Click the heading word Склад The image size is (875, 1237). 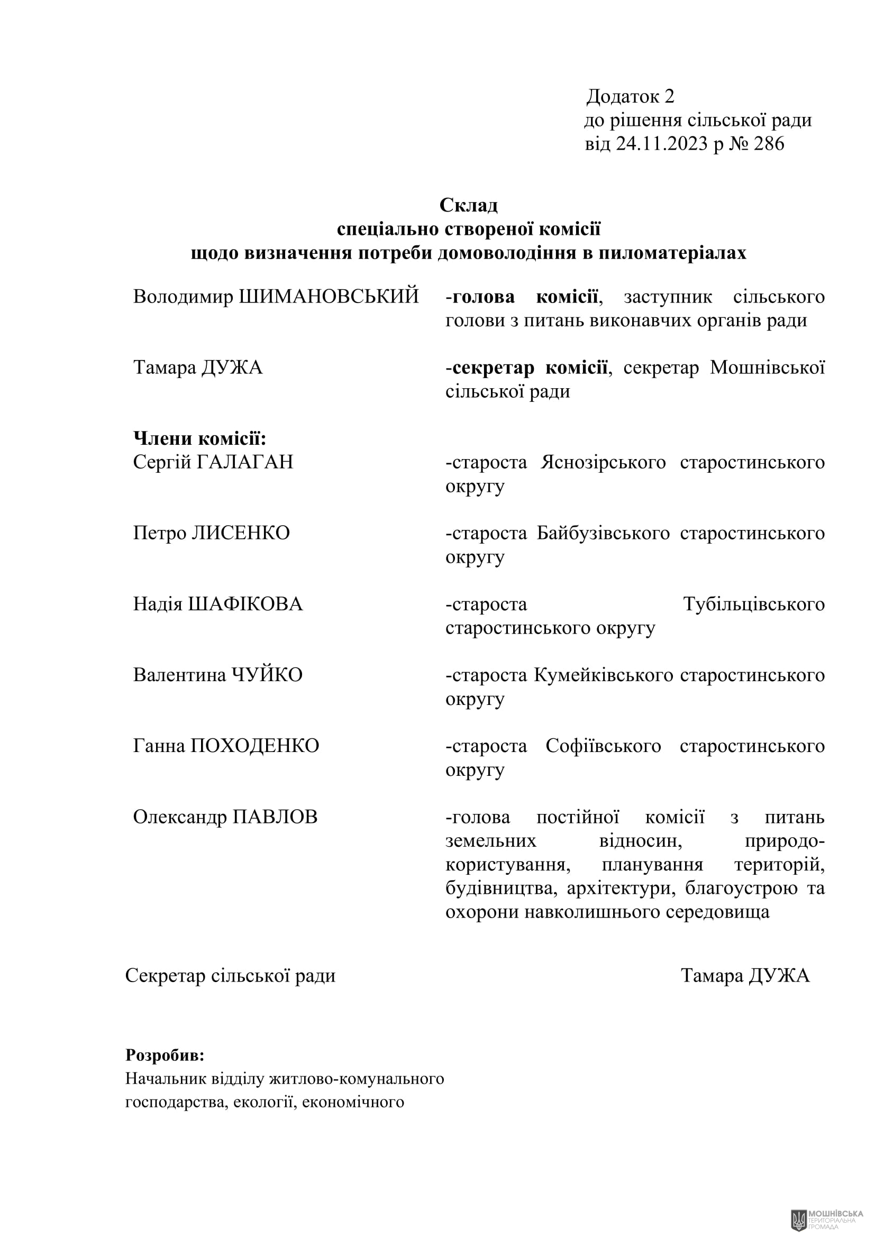[468, 205]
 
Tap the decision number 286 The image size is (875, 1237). [769, 144]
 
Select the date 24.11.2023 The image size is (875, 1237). [662, 144]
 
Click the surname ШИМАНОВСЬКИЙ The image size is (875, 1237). [329, 296]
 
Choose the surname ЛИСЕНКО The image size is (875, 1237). [240, 533]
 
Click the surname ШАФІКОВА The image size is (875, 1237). [245, 604]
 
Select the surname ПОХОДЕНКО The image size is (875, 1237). [255, 746]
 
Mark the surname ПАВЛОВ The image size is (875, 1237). [275, 817]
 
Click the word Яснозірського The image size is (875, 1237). [604, 462]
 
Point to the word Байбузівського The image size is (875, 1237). [603, 534]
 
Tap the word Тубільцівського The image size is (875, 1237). [754, 604]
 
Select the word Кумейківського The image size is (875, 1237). [604, 675]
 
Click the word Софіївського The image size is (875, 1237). [603, 747]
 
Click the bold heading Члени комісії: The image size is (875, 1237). [200, 439]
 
